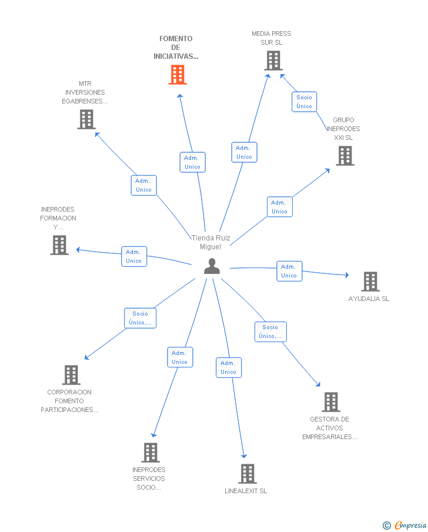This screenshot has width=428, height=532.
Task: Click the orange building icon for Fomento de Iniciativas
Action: coord(178,75)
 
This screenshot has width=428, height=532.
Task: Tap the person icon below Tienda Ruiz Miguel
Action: coord(212,266)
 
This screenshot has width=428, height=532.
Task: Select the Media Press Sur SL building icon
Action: coord(273,61)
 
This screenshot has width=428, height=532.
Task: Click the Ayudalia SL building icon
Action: coord(370,282)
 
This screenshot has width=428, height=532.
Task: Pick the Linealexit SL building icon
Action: coord(248,474)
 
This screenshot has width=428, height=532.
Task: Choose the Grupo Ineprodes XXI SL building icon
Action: coord(345,156)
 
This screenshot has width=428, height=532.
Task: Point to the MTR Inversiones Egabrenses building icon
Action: coord(86,119)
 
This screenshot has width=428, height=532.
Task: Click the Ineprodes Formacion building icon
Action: coord(59,245)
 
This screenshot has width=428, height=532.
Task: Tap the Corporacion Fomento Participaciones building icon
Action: coord(71,375)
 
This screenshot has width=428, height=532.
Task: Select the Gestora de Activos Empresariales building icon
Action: coord(331,402)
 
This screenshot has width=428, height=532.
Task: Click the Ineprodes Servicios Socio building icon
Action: coord(151,453)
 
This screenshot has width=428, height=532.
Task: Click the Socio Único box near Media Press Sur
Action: coord(304,102)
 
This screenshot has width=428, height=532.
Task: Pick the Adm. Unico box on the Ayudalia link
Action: coord(289,271)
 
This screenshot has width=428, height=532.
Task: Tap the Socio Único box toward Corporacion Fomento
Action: coord(140,318)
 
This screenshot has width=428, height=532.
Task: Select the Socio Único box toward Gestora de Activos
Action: coord(270,332)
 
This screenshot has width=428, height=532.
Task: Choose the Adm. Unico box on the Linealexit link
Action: coord(229,367)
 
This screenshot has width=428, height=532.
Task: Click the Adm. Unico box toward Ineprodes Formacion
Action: coord(134,256)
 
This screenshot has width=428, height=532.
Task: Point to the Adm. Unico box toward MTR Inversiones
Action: coord(144,185)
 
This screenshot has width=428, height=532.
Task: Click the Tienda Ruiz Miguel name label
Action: coord(211,242)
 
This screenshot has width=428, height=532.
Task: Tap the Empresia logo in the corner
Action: coord(404,525)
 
